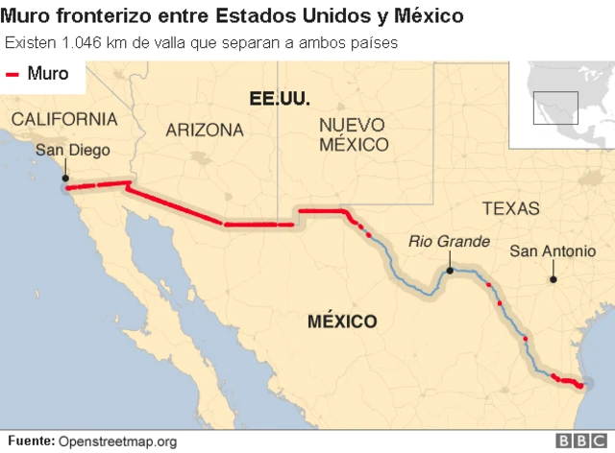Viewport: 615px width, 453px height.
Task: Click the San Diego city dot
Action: (x=64, y=178)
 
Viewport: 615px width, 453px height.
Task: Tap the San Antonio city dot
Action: (x=553, y=279)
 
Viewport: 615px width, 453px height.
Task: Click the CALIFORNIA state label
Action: (x=64, y=119)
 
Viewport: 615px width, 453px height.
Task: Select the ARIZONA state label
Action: (x=204, y=130)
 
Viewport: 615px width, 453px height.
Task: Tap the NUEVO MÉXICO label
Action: (x=354, y=134)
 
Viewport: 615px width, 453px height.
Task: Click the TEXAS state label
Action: (x=510, y=208)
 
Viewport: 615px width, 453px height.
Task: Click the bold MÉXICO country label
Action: (x=341, y=322)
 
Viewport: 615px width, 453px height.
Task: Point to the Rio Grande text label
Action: (x=449, y=242)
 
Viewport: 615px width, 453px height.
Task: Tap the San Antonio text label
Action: (x=553, y=251)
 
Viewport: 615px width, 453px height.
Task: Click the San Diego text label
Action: (x=72, y=151)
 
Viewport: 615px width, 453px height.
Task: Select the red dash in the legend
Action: (x=13, y=75)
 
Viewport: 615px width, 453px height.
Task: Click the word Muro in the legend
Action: (x=48, y=74)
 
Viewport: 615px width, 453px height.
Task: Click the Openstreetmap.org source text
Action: (x=118, y=441)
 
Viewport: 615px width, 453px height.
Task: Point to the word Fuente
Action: (x=30, y=441)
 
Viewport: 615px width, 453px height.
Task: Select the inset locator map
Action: (x=562, y=105)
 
